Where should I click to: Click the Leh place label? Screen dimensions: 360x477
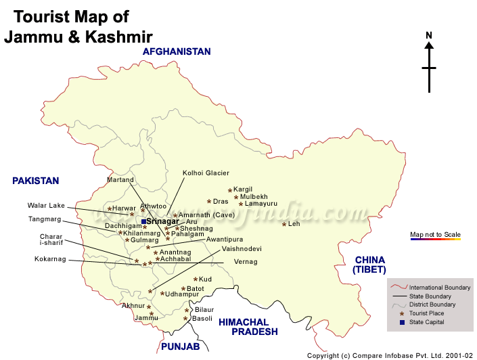(294, 224)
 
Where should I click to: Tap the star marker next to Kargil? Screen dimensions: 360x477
(230, 190)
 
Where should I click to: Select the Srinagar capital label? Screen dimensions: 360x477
(162, 221)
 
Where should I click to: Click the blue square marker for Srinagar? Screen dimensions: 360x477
(143, 221)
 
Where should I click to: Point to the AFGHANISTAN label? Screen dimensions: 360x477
(177, 51)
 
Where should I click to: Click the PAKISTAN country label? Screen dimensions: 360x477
(36, 181)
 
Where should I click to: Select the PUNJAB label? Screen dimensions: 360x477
(180, 346)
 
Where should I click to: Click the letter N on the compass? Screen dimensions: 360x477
(429, 35)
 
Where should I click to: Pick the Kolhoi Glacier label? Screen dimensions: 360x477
(206, 173)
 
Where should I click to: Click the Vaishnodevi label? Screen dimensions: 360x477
(242, 249)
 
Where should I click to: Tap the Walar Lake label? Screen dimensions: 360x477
(46, 206)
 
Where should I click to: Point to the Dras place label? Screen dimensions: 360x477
(221, 202)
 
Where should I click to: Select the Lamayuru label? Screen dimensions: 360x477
(260, 204)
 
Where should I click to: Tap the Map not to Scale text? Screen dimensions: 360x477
(435, 235)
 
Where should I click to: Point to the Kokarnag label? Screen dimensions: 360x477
(51, 259)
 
